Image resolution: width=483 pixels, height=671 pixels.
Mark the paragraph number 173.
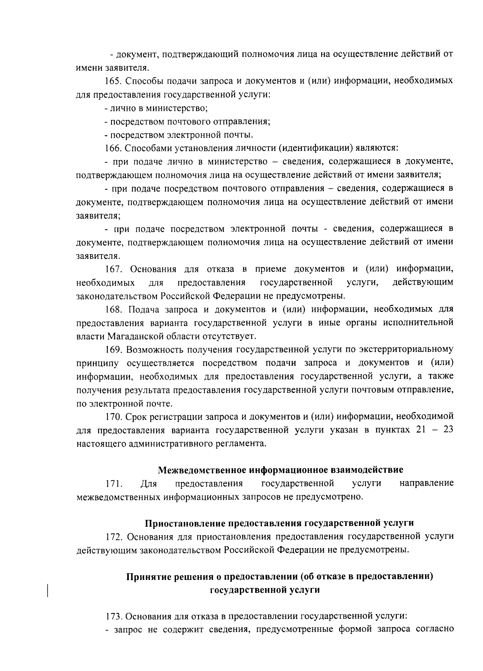point(113,617)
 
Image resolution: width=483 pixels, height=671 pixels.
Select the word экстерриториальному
point(407,349)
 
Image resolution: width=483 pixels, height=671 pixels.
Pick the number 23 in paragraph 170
point(448,430)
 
